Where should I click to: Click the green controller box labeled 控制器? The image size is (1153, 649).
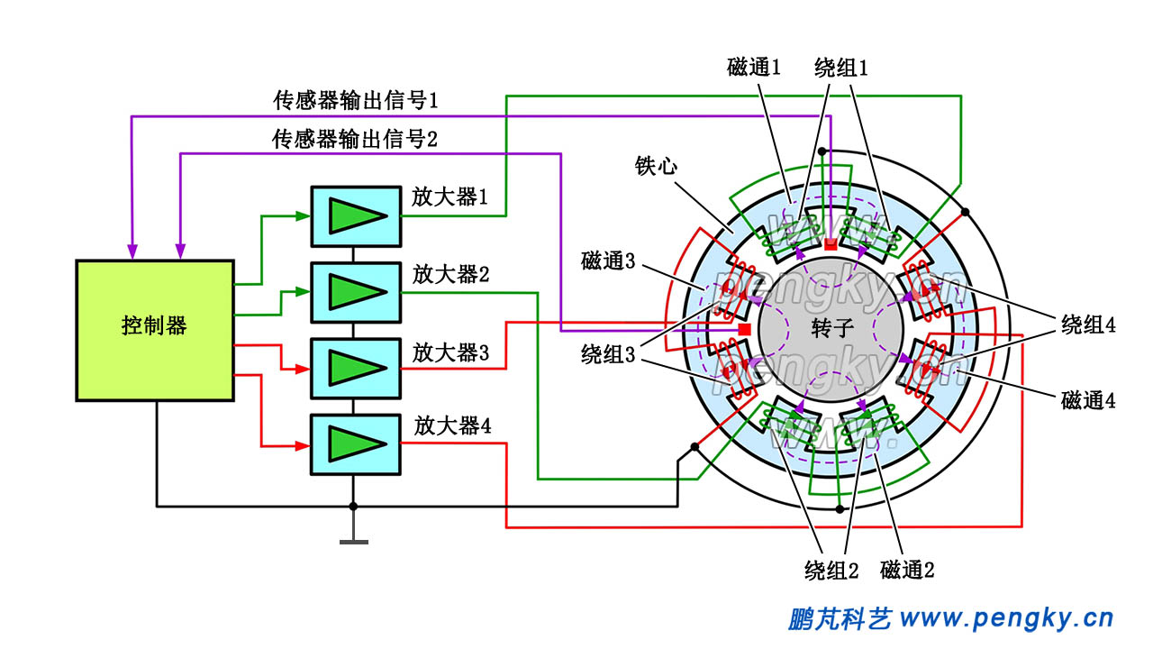point(154,330)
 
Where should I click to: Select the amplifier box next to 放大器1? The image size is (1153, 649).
point(356,216)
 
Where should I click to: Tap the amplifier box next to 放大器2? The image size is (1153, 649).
point(356,292)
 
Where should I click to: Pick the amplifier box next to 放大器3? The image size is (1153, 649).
point(356,368)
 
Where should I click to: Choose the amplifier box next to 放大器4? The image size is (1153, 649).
point(356,443)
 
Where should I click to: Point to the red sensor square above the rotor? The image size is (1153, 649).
point(831,244)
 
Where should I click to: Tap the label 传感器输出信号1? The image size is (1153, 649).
point(355,100)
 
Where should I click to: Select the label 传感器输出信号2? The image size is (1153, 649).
point(355,139)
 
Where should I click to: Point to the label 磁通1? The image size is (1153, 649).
point(753,67)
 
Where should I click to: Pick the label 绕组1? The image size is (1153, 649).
point(840,67)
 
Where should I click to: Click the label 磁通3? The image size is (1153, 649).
point(609,262)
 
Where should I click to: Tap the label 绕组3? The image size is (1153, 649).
point(609,354)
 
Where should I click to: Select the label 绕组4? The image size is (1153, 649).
point(1088,326)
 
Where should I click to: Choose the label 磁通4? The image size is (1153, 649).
point(1088,401)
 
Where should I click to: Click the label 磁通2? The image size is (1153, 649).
point(907,570)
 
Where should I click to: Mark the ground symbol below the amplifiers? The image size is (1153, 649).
point(353,541)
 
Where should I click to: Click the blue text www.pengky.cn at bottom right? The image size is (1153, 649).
point(1006,618)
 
